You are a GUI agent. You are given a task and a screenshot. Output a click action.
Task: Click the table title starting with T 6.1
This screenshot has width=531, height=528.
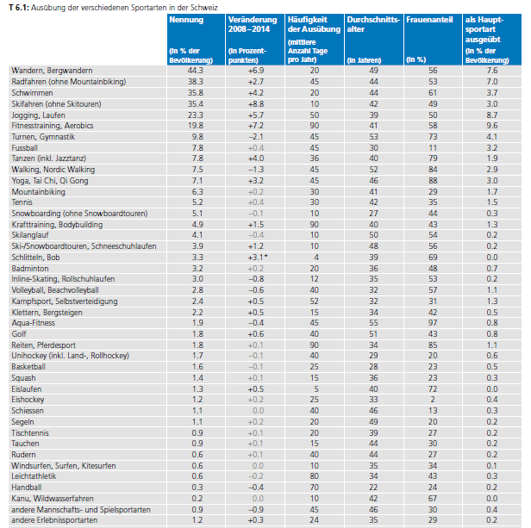coord(121,6)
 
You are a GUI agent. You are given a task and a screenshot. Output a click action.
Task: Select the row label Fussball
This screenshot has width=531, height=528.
coord(25,147)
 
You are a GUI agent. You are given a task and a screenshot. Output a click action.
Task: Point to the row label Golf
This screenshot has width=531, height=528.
coord(19,332)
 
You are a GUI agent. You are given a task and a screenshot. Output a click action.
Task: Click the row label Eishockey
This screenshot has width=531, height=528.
coord(28,399)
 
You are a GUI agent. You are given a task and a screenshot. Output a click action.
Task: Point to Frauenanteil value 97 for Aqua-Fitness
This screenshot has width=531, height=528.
coord(433,320)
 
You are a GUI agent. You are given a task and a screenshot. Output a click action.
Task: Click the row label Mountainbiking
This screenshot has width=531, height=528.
coord(38,192)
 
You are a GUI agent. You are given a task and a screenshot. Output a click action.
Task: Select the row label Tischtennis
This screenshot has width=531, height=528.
coord(30,432)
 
